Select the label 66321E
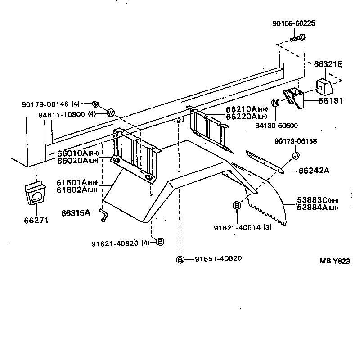pos(328,64)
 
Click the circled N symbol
pos(275,103)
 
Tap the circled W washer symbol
pos(111,113)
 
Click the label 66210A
pos(241,109)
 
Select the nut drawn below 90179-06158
pos(296,156)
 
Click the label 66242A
pos(314,170)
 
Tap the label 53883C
pos(311,200)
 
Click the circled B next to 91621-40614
pos(236,205)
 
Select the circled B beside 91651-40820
pos(180,259)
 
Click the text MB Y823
pos(334,261)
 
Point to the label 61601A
pos(71,182)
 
